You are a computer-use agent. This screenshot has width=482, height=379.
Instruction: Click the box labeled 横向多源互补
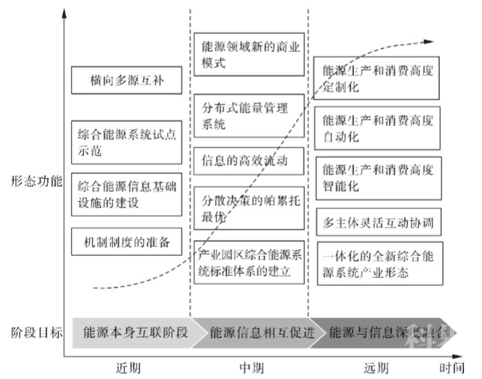(x=127, y=80)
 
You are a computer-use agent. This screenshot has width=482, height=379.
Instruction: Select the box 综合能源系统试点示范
(x=127, y=140)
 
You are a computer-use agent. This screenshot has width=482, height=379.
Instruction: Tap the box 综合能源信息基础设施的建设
(x=127, y=195)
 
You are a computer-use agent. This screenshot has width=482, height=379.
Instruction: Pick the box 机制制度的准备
(x=127, y=243)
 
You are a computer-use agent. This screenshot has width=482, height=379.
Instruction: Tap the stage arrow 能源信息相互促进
(x=257, y=332)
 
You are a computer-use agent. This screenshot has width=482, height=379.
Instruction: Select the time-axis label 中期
(x=250, y=367)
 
